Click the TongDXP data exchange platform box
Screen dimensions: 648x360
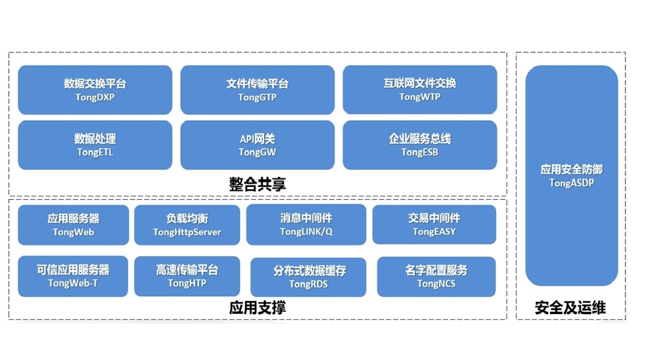tap(95, 90)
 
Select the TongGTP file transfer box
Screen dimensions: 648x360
tap(257, 90)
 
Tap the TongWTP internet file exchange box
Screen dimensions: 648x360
tap(420, 90)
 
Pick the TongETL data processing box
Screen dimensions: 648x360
tap(95, 145)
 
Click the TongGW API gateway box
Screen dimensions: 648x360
tap(257, 145)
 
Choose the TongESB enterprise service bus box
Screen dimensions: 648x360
tap(420, 145)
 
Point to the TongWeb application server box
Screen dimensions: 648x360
tap(73, 225)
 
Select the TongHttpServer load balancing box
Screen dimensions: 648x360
tap(187, 225)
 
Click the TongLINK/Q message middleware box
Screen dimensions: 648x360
tap(306, 225)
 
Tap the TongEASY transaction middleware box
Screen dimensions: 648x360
tap(434, 225)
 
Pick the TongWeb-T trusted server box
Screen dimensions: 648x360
tap(73, 276)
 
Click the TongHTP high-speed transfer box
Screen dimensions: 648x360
tap(187, 276)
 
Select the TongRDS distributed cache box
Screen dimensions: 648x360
tap(308, 277)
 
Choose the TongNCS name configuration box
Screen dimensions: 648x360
tap(437, 276)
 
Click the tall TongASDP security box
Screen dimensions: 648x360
tap(572, 175)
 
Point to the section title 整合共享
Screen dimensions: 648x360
tap(257, 184)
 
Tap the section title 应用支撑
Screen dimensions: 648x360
tap(257, 307)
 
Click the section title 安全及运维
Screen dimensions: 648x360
tap(571, 307)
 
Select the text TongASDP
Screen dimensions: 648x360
tap(572, 183)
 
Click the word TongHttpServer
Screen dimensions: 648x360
tap(187, 232)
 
